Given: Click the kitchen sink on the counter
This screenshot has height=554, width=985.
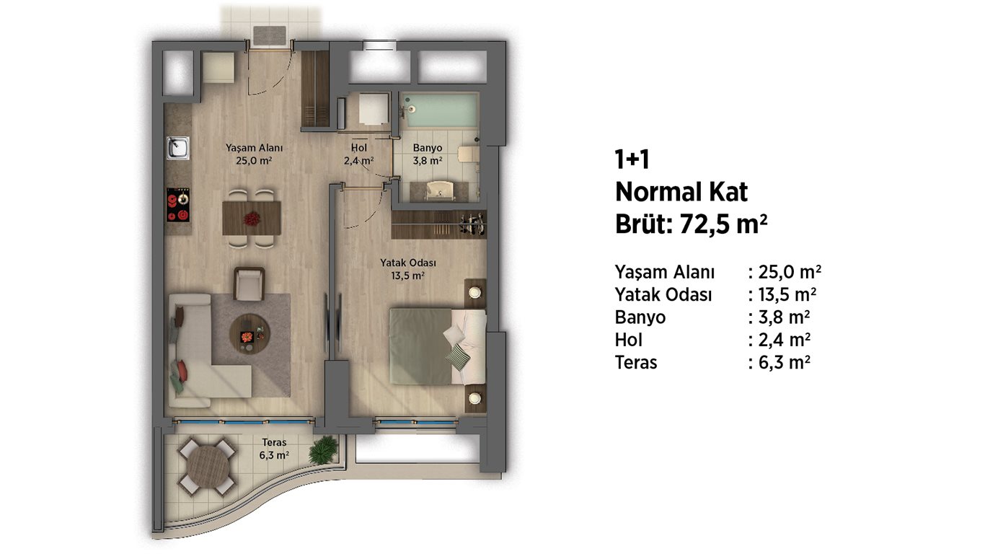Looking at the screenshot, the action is pos(178,148).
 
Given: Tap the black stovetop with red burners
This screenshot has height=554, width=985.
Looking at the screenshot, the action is pos(178,205).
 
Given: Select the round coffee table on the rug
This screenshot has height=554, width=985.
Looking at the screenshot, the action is pos(249,333).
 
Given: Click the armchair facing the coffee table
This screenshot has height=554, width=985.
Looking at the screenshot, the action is pos(249,283).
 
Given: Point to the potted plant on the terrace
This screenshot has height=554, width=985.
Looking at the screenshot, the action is pos(323,449).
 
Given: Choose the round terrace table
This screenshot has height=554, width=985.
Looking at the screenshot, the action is pos(208,467).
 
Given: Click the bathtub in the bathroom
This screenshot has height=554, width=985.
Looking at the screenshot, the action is pos(440,110).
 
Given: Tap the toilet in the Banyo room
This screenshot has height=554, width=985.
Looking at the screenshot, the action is pos(467,154).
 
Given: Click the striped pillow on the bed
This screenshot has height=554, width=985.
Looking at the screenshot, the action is pos(458,357).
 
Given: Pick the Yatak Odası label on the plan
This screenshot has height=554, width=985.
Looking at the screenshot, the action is pos(408,263).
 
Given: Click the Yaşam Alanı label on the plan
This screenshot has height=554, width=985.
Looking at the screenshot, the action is pos(254,148).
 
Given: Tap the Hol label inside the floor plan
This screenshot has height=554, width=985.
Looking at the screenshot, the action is pos(359,148).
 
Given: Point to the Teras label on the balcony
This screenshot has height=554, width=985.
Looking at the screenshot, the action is pos(274,442).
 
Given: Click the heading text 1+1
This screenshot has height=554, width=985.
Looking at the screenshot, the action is pos(632,159).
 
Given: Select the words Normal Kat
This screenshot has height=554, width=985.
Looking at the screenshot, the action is pos(681,193).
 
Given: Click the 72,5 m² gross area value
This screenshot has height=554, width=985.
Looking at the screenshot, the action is pos(723,224).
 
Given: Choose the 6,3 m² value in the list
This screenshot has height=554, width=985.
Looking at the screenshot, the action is pos(785,362).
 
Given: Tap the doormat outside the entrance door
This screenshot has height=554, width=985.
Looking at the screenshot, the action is pos(270,35).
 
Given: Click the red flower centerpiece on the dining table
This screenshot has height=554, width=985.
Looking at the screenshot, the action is pos(252,219).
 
